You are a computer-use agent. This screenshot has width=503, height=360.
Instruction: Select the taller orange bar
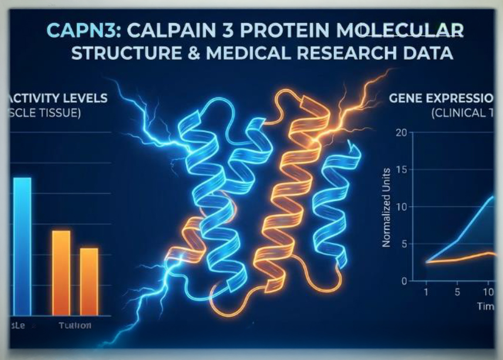coord(61,272)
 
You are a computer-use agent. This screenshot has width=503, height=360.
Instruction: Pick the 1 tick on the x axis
coord(426,292)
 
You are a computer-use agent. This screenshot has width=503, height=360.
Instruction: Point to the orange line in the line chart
coord(464,257)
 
